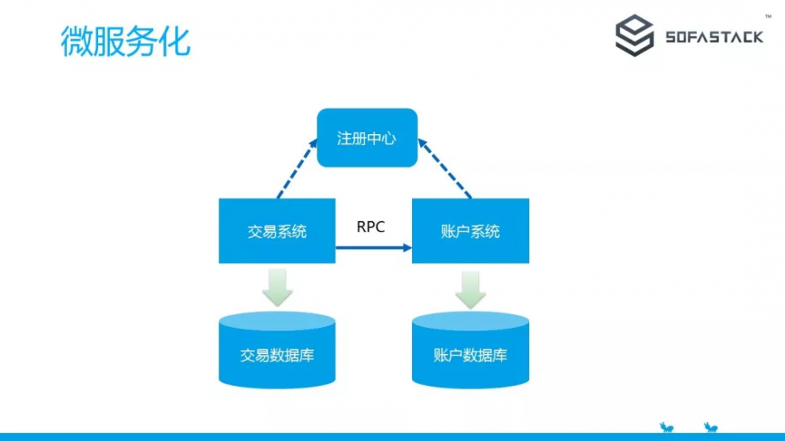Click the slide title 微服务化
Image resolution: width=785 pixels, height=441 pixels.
tap(126, 41)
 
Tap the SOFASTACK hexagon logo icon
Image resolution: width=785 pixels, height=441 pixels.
tap(634, 37)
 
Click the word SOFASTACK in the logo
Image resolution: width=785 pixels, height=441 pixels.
tap(714, 38)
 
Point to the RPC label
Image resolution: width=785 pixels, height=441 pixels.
tap(371, 227)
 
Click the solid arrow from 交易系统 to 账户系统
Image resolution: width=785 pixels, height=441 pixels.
tap(374, 248)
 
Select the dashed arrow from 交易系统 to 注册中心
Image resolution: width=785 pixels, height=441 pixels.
tap(297, 168)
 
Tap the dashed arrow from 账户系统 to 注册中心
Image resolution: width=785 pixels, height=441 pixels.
tap(445, 168)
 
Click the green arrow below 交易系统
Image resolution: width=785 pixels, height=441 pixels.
tap(277, 287)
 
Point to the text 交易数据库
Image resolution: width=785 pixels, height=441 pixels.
tap(277, 355)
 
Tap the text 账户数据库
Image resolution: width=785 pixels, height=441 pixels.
tap(470, 355)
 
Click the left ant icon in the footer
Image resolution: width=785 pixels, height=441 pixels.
tap(667, 427)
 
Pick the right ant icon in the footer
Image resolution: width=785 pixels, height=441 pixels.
tap(711, 427)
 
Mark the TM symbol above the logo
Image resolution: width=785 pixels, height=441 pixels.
tap(767, 16)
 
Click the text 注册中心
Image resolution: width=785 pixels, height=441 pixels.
tap(367, 139)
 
